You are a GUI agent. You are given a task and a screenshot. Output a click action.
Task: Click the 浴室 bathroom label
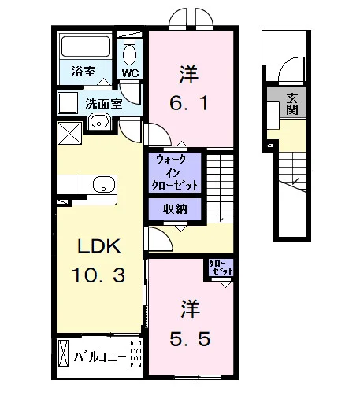pos(84,71)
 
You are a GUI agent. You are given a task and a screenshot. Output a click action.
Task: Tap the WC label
pos(130,73)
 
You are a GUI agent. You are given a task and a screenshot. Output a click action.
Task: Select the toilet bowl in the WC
pos(129,54)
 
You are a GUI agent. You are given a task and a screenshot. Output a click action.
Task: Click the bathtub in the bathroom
pos(86,46)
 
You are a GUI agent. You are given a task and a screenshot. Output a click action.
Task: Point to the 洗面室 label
pos(104,104)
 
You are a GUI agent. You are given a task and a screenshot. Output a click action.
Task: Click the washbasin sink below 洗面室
pos(99,122)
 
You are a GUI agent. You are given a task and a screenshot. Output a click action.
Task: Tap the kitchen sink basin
pos(104,184)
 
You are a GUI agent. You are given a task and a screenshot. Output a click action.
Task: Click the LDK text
pos(99,246)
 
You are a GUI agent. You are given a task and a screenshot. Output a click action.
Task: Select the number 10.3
pos(98,275)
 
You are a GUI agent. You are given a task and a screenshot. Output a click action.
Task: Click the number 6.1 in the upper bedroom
pos(189,103)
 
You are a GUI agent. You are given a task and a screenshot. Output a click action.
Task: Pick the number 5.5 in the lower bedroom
pos(190,339)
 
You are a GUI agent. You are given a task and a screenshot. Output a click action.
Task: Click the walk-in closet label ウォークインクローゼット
pos(175,172)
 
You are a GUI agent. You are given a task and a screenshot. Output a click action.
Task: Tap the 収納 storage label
pos(175,209)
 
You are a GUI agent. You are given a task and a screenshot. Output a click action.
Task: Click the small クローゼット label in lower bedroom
pos(221,268)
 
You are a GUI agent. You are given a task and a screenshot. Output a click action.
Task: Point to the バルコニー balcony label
pos(100,357)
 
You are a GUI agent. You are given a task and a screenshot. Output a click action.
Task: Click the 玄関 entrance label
pos(291,104)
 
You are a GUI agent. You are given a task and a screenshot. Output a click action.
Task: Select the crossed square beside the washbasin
pos(69,133)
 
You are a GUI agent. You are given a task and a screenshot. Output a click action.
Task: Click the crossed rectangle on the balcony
pos(63,353)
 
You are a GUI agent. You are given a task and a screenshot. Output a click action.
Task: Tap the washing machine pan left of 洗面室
pos(68,103)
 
